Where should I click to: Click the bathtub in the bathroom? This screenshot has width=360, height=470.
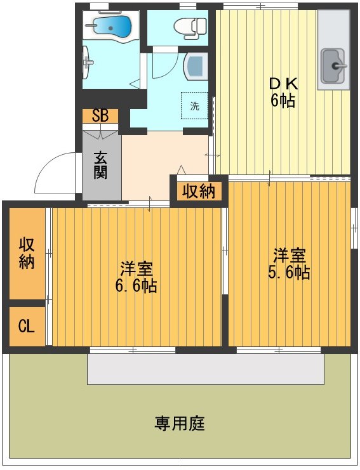112,27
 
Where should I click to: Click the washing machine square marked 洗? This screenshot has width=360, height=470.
195,106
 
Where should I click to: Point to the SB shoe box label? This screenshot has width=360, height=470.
100,115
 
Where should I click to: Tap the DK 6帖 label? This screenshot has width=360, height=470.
283,93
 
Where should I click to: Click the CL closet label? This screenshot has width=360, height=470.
26,327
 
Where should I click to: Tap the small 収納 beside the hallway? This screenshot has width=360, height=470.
199,190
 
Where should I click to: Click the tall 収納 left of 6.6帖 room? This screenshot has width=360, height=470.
26,252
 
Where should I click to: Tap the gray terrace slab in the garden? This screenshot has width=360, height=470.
206,369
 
